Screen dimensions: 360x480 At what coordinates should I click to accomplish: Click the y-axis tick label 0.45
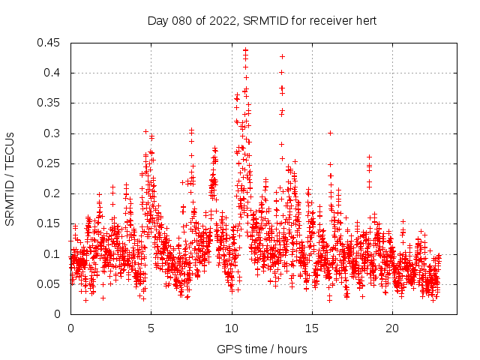(x=51, y=43)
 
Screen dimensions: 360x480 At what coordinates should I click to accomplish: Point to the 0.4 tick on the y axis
(x=54, y=73)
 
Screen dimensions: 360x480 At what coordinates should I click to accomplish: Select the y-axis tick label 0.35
(x=51, y=103)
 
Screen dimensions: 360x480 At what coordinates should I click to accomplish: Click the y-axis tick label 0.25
(x=51, y=163)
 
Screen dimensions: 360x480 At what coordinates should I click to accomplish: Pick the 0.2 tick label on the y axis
(x=54, y=193)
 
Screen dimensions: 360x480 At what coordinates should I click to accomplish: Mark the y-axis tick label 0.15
(x=51, y=223)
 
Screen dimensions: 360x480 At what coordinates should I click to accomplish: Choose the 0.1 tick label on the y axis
(x=54, y=254)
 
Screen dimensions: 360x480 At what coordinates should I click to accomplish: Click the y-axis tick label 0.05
(x=51, y=284)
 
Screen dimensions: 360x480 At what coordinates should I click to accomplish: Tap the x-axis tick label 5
(x=151, y=328)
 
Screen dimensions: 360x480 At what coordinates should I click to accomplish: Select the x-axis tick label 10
(x=231, y=328)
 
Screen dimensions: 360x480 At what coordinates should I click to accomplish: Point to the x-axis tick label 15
(x=311, y=328)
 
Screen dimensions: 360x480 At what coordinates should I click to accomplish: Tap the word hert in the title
(x=365, y=20)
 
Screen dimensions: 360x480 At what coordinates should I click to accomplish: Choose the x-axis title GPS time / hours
(x=262, y=349)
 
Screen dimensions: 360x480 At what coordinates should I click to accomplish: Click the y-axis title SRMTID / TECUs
(x=10, y=178)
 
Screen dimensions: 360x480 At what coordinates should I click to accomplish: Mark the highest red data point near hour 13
(x=282, y=56)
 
